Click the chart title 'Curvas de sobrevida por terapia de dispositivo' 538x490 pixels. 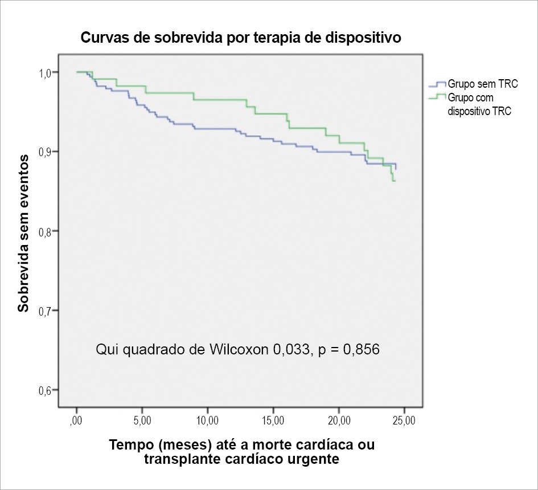click(241, 38)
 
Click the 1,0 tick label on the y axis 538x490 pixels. click(44, 72)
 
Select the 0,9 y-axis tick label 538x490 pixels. click(44, 152)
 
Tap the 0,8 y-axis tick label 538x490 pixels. click(44, 231)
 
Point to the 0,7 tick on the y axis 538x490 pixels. click(44, 311)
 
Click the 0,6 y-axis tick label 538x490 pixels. click(44, 390)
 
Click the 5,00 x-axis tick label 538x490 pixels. click(142, 420)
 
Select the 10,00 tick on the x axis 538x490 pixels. click(207, 420)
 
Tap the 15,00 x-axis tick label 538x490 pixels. click(273, 420)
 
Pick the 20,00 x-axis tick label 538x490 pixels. click(339, 420)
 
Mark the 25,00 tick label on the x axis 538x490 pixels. click(404, 420)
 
